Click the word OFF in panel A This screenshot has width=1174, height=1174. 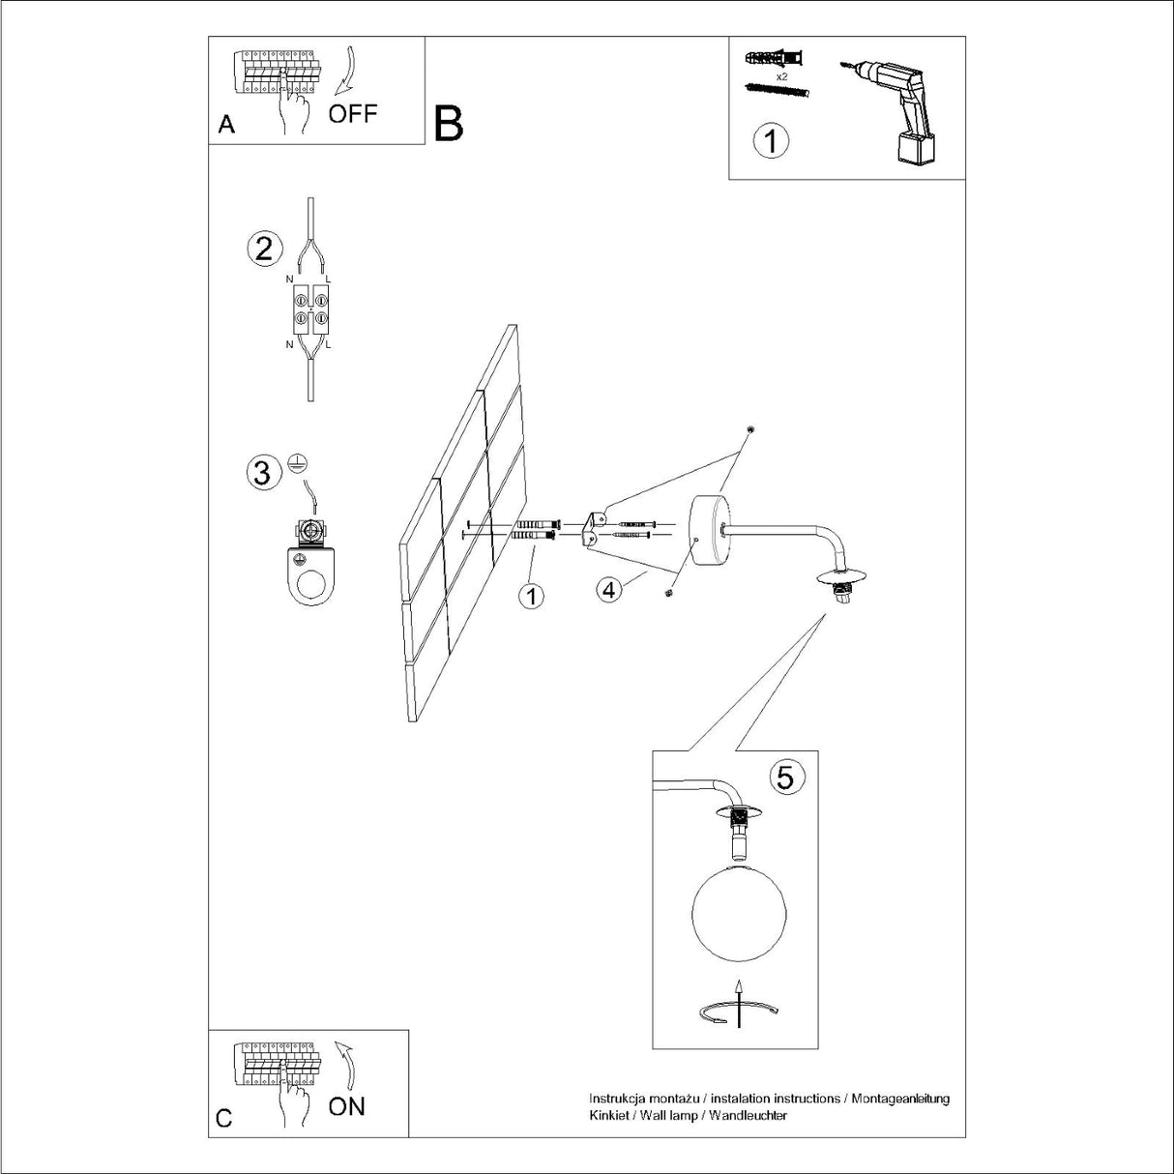coord(352,114)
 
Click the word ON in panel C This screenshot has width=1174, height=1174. coord(346,1106)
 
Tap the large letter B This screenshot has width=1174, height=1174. coord(449,124)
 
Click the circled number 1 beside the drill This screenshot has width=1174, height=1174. coord(771,141)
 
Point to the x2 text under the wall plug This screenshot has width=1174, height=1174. coord(781,74)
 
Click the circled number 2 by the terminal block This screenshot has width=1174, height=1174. coord(264,249)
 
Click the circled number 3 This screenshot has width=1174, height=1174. coord(262,473)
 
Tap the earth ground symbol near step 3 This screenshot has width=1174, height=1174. coord(297,464)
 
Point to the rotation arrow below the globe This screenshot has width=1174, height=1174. coord(737,1012)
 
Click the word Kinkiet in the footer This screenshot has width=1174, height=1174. coord(608,1115)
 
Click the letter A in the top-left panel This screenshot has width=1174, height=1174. coord(227,125)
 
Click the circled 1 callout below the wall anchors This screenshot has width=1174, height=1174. coord(530,596)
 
